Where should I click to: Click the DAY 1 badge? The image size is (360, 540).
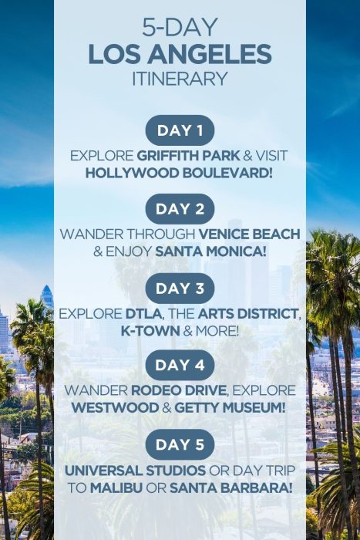pos(180,130)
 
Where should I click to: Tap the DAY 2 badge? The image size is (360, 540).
pos(180,208)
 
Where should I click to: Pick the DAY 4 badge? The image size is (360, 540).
pos(180,366)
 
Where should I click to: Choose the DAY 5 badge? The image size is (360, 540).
pos(180,444)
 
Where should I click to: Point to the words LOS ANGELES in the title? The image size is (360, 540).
pos(180,54)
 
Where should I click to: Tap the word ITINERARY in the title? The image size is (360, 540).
pos(180,78)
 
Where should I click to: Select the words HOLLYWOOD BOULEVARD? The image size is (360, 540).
pos(180,172)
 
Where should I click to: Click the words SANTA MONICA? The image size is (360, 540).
pos(210,251)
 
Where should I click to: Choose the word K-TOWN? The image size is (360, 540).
pos(150,331)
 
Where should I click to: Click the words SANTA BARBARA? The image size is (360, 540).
pos(234,487)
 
